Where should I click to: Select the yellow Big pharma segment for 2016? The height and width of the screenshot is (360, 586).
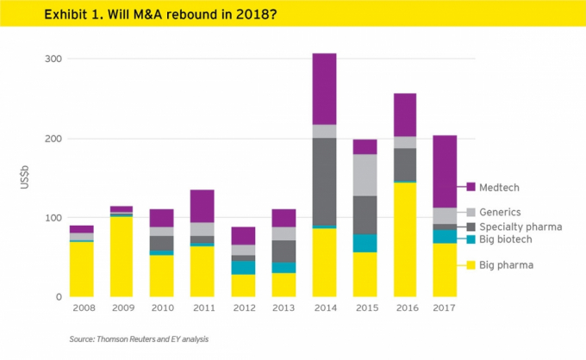point(404,239)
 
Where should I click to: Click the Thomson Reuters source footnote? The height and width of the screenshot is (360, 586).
point(138,339)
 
